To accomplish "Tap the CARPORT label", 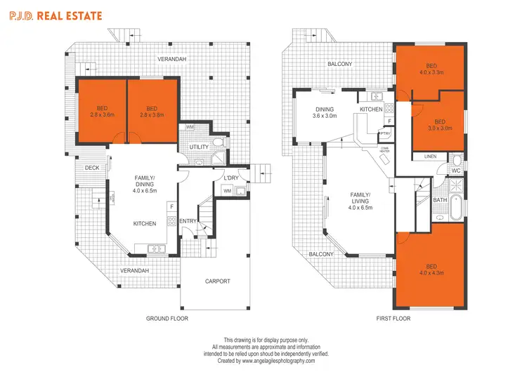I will [217, 281].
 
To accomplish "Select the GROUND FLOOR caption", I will [167, 318].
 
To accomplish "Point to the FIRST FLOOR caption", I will [393, 318].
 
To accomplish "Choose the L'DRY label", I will [232, 178].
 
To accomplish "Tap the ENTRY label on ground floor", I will [188, 222].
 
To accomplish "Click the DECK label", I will [91, 168].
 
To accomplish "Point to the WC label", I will [455, 171].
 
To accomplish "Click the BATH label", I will [441, 200].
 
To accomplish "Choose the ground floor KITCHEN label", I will [145, 224].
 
